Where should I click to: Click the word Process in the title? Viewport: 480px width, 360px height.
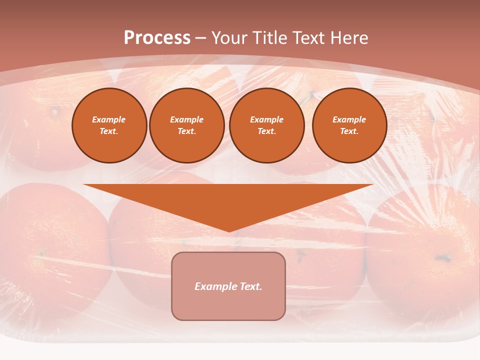[x=157, y=38]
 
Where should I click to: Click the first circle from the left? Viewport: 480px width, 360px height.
[x=109, y=125]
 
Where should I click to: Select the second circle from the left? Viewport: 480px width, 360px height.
[x=187, y=125]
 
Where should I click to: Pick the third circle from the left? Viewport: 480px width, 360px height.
[x=267, y=125]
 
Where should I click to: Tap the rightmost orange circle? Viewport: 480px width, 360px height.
[x=349, y=125]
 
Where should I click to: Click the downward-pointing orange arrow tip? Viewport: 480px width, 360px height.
[x=229, y=229]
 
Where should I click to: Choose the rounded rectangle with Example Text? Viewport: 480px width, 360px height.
[x=228, y=286]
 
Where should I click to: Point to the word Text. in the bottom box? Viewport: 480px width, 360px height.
[x=249, y=286]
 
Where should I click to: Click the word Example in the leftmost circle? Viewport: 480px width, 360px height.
[x=109, y=119]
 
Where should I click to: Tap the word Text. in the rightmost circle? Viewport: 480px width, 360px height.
[x=349, y=131]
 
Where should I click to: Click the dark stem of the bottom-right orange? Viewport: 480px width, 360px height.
[x=443, y=258]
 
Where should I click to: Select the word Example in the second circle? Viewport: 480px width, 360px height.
[x=187, y=119]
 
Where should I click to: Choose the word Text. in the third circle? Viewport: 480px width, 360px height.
[x=267, y=131]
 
